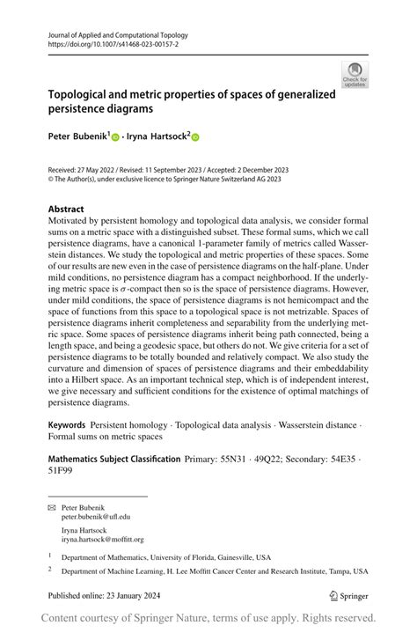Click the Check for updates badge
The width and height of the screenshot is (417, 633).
pyautogui.click(x=354, y=74)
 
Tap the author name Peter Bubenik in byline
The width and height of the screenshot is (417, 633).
pyautogui.click(x=77, y=137)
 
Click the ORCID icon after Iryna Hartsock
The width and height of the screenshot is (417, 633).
pyautogui.click(x=195, y=137)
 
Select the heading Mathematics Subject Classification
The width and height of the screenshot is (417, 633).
pyautogui.click(x=113, y=460)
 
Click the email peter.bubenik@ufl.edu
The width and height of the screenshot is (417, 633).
pyautogui.click(x=96, y=518)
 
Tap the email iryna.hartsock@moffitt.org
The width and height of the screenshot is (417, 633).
pyautogui.click(x=102, y=540)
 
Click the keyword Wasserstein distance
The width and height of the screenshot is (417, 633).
pyautogui.click(x=315, y=425)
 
